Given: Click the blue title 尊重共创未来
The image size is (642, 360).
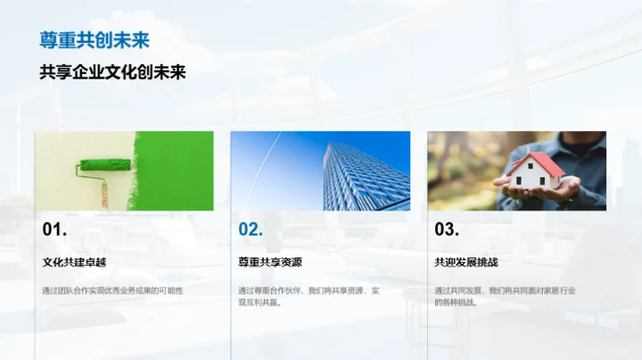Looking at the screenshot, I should tap(94, 40).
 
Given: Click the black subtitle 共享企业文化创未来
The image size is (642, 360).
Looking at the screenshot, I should tap(112, 72).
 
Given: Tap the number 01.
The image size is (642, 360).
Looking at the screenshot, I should tap(54, 230).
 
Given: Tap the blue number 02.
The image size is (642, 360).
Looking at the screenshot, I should tap(251, 230).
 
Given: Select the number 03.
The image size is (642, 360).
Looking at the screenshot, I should tap(447, 230).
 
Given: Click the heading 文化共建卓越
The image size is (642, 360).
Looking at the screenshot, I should tap(74, 263).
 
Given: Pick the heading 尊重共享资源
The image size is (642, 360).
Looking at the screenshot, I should tap(270, 263).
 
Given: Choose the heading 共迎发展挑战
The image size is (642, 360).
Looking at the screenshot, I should tap(466, 263).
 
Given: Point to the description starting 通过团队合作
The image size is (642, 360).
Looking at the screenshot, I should tap(112, 290).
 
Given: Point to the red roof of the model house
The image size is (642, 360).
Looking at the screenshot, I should tap(537, 164).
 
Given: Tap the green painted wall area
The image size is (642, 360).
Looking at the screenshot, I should tap(178, 169).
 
